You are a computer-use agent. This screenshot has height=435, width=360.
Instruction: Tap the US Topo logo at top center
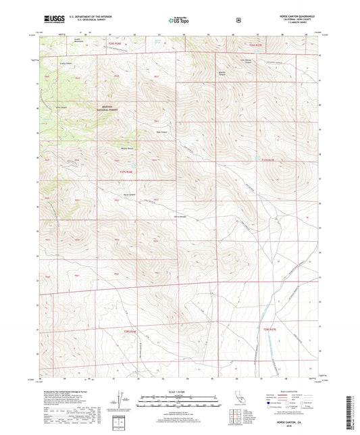coord(178,21)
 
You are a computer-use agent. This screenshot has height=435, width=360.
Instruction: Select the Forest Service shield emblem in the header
coord(238,20)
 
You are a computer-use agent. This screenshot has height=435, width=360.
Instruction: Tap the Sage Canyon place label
coord(162,132)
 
